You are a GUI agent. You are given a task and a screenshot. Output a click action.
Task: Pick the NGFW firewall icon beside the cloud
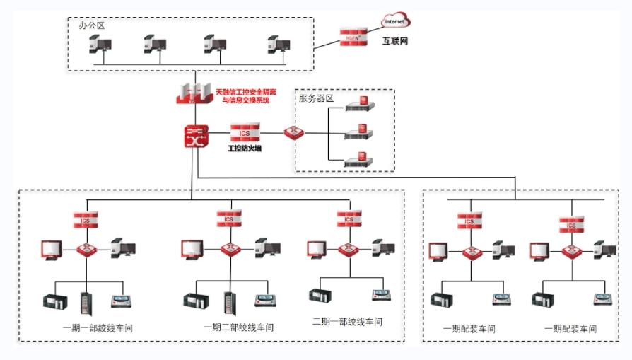pos(353,37)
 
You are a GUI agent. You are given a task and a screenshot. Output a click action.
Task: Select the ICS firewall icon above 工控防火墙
pos(245,132)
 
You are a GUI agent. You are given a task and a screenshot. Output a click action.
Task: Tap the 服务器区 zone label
pos(316,98)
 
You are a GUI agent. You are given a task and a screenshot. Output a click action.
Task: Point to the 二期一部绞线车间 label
pos(347,321)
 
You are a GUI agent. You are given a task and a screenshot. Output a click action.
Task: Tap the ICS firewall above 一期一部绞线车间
pos(86,219)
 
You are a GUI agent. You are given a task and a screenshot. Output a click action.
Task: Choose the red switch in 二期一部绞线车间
pos(348,249)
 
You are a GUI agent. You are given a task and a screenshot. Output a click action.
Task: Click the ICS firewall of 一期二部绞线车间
pos(228,219)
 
